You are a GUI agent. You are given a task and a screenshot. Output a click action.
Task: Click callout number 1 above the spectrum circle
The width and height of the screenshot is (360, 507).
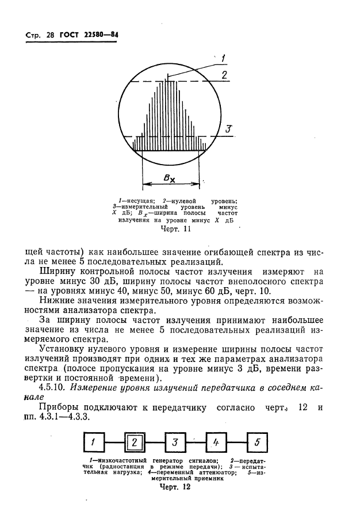222,58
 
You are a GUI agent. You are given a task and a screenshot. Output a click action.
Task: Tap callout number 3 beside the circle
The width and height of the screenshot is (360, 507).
228,129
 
